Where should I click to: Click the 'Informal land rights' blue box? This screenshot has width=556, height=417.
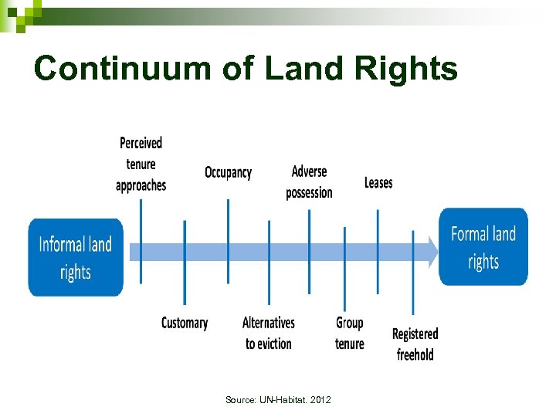(76, 258)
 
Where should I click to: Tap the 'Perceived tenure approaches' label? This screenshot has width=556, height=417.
(141, 164)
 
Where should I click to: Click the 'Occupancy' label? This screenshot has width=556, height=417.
(228, 172)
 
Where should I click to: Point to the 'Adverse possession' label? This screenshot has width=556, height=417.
(309, 182)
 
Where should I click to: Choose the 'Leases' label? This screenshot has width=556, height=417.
(378, 183)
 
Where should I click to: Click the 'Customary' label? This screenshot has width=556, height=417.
(185, 323)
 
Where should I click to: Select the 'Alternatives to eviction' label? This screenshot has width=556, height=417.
(269, 333)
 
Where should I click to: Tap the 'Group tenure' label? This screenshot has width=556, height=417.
(350, 333)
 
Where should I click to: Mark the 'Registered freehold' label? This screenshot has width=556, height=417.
(415, 344)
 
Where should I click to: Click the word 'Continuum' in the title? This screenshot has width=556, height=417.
(121, 68)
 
